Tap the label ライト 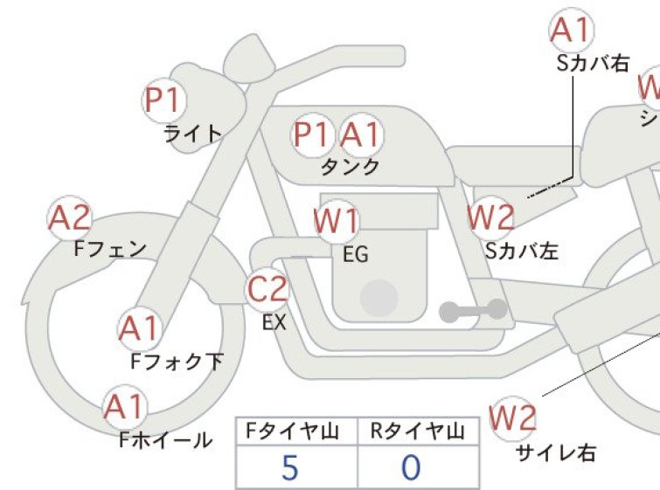pyautogui.click(x=191, y=134)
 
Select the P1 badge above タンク pyautogui.click(x=314, y=135)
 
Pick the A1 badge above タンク pyautogui.click(x=361, y=135)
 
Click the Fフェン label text pyautogui.click(x=110, y=249)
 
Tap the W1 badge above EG pyautogui.click(x=337, y=222)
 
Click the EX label pyautogui.click(x=274, y=322)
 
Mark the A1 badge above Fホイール pyautogui.click(x=126, y=407)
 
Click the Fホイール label pyautogui.click(x=165, y=439)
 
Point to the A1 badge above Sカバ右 pyautogui.click(x=572, y=31)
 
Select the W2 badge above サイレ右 pyautogui.click(x=513, y=420)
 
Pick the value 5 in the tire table pyautogui.click(x=291, y=468)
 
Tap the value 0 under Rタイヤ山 pyautogui.click(x=410, y=468)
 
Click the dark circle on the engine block pyautogui.click(x=378, y=298)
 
